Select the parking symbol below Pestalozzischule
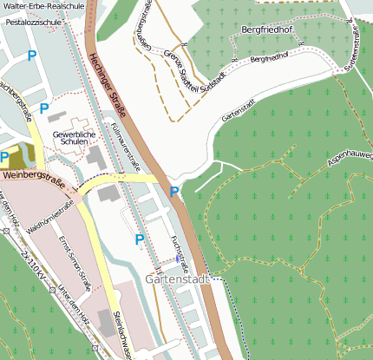(x=32, y=56)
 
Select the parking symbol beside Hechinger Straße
(x=173, y=192)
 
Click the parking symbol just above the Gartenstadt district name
(x=139, y=239)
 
